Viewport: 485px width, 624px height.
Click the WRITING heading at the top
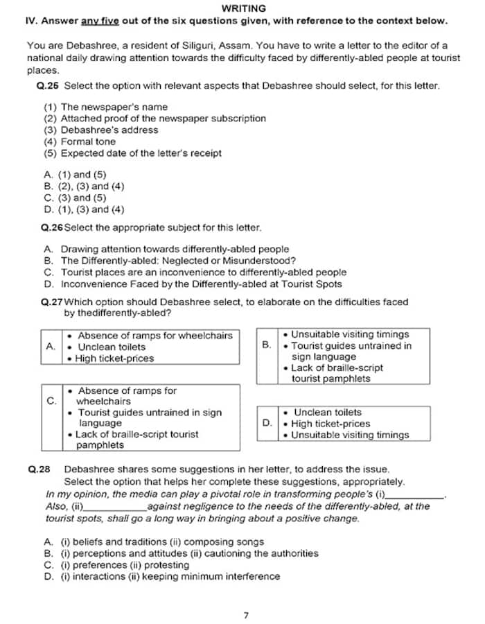243,8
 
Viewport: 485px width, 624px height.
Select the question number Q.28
39,469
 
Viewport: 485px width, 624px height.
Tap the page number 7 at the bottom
245,614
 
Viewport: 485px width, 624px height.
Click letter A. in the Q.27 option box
51,346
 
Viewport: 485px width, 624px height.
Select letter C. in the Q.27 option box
51,400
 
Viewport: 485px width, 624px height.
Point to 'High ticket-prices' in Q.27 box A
114,358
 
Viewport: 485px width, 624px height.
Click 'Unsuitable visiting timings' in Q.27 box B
350,334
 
